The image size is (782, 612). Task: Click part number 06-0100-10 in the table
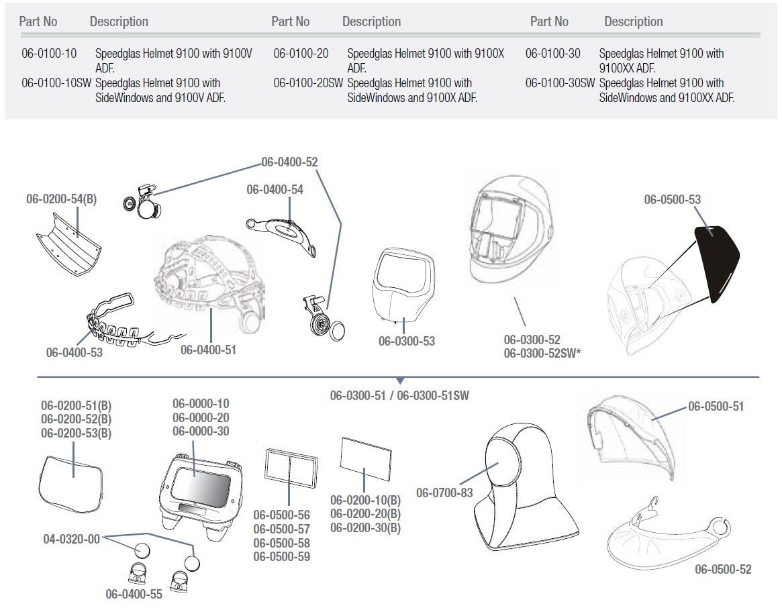click(49, 53)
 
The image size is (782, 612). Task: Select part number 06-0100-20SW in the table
click(307, 83)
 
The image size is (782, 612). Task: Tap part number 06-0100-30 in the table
click(552, 53)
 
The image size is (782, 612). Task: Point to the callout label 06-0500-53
click(672, 199)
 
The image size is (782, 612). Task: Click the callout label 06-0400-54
click(275, 190)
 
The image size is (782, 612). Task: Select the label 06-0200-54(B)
click(61, 199)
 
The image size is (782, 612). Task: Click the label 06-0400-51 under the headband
click(208, 350)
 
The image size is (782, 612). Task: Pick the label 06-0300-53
click(406, 341)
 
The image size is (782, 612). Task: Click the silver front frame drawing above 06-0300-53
click(399, 289)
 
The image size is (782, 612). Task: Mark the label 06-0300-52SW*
click(542, 354)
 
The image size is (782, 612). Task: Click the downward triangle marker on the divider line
click(400, 380)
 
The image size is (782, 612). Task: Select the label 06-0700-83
click(444, 493)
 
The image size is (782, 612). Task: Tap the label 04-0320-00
click(70, 538)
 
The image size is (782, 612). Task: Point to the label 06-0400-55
click(134, 594)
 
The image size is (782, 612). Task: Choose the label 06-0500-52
click(723, 570)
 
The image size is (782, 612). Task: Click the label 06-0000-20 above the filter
click(201, 417)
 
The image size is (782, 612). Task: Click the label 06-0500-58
click(281, 543)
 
